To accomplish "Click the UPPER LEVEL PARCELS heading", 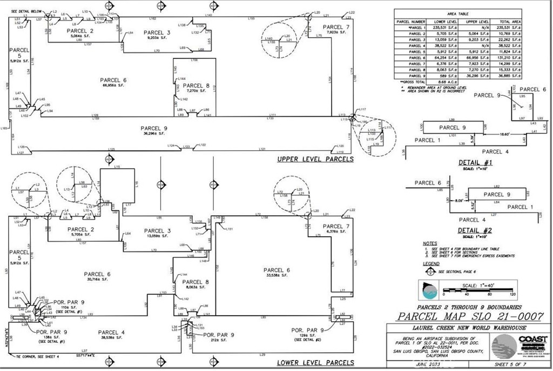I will (x=315, y=159).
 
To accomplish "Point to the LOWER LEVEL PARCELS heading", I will (x=315, y=362).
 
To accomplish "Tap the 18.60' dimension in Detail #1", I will (x=504, y=134).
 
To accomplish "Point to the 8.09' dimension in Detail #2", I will (x=460, y=201).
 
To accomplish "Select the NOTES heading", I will (x=430, y=243).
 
